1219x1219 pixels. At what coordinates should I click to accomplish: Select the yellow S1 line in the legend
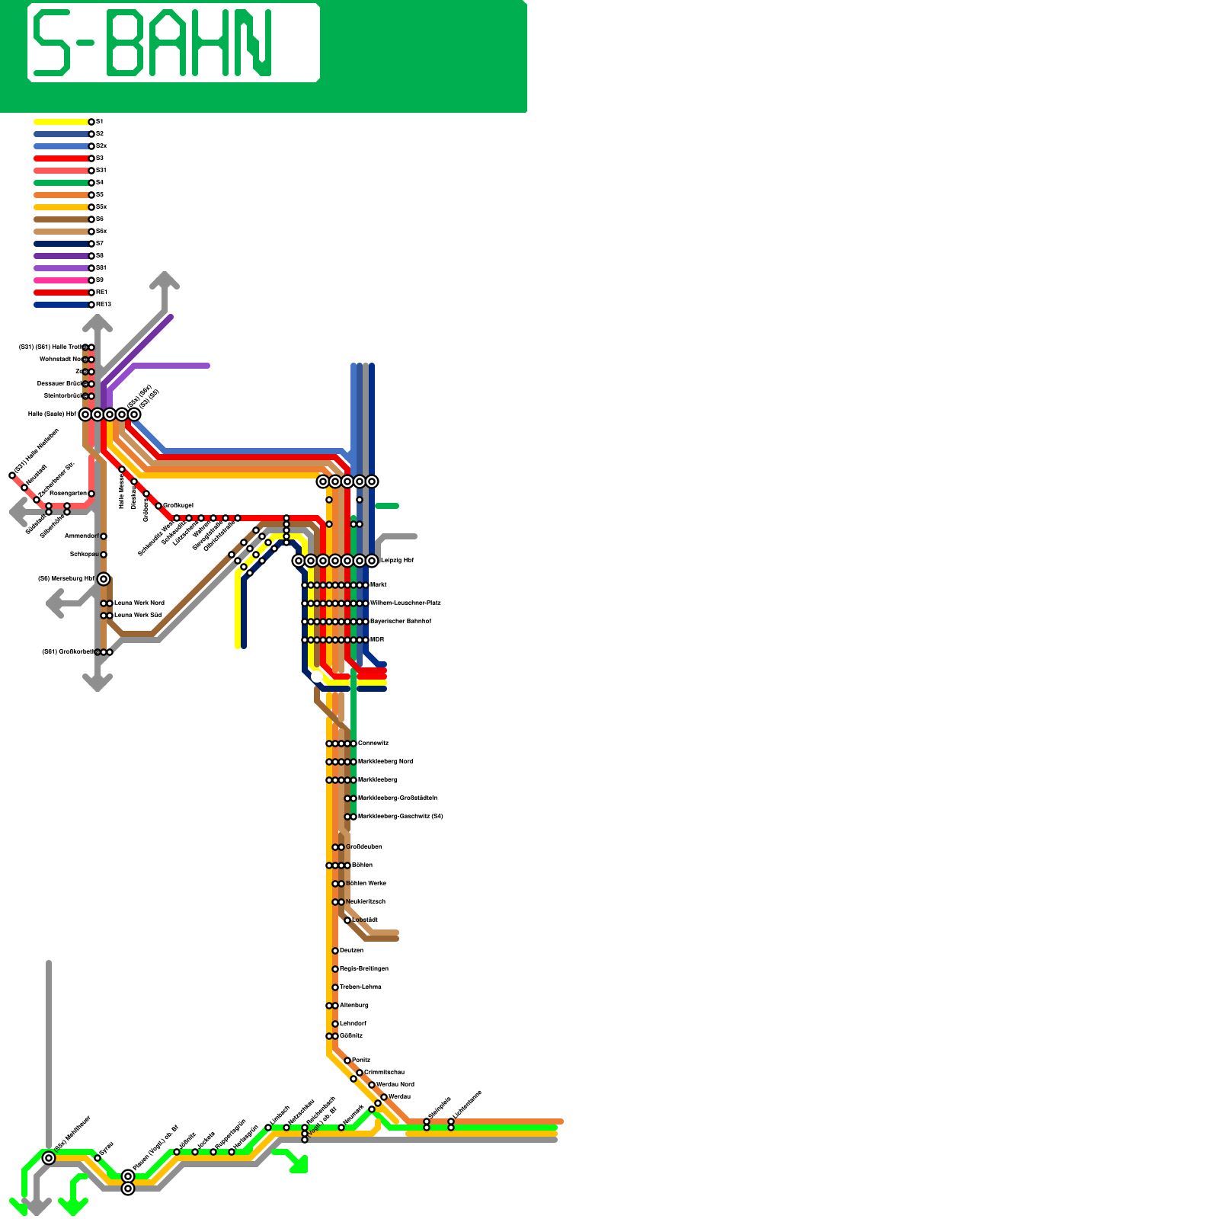tap(61, 122)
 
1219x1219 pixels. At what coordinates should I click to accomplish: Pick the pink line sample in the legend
tap(61, 280)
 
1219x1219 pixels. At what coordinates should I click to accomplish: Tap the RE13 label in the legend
tap(104, 305)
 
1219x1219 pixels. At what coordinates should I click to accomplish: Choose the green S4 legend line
tap(61, 183)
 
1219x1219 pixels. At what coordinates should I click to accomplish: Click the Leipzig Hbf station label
tap(396, 561)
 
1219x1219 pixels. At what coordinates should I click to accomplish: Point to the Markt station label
tap(378, 585)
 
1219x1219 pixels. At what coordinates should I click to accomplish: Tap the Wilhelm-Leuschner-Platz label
tap(405, 603)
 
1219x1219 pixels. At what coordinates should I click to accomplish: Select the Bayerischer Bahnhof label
tap(400, 622)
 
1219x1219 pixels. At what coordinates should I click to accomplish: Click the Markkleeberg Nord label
tap(386, 762)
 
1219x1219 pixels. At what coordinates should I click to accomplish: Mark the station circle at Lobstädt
tap(347, 920)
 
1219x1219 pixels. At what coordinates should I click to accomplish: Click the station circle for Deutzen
tap(335, 951)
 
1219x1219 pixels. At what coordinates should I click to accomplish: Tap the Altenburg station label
tap(354, 1006)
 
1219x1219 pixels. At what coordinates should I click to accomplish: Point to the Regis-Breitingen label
tap(363, 969)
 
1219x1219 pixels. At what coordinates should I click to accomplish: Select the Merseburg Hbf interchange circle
tap(104, 579)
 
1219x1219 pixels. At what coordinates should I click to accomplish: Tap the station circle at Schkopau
tap(104, 555)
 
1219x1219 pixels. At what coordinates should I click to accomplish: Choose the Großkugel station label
tap(178, 506)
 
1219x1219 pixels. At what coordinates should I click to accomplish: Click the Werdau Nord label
tap(395, 1085)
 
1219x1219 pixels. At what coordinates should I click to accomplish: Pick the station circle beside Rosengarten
tap(91, 494)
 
